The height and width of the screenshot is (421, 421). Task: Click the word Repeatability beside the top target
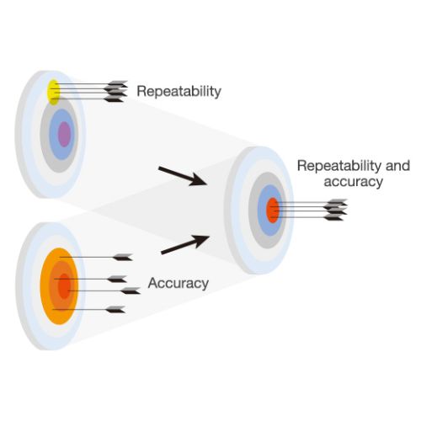pyautogui.click(x=179, y=92)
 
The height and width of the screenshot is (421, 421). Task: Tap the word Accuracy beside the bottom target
pyautogui.click(x=179, y=283)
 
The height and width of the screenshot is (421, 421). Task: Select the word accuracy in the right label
pyautogui.click(x=354, y=182)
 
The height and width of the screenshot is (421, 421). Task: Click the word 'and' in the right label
pyautogui.click(x=397, y=166)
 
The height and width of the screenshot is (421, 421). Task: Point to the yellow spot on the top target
pyautogui.click(x=53, y=92)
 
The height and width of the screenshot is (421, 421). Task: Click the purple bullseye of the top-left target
pyautogui.click(x=64, y=134)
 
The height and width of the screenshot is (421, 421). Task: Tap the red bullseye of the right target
pyautogui.click(x=272, y=210)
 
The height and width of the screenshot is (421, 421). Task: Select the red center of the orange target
pyautogui.click(x=64, y=286)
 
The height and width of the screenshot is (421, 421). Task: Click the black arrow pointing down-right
pyautogui.click(x=183, y=176)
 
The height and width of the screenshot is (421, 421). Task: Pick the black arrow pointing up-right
pyautogui.click(x=185, y=245)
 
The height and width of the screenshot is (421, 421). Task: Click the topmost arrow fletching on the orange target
pyautogui.click(x=123, y=257)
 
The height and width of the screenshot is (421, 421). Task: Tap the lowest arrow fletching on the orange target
pyautogui.click(x=115, y=310)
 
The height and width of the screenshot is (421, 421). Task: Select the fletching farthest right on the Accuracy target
pyautogui.click(x=131, y=290)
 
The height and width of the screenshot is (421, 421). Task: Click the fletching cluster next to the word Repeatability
pyautogui.click(x=115, y=92)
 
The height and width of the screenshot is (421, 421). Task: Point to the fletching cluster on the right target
pyautogui.click(x=335, y=210)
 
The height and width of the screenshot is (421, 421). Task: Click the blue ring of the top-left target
pyautogui.click(x=54, y=135)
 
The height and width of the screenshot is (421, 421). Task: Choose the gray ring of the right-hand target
pyautogui.click(x=253, y=210)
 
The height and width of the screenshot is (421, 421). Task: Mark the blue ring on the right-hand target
pyautogui.click(x=263, y=210)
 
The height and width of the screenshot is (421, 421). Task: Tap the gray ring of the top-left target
pyautogui.click(x=45, y=135)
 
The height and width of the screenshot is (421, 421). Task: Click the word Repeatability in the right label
pyautogui.click(x=340, y=166)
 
